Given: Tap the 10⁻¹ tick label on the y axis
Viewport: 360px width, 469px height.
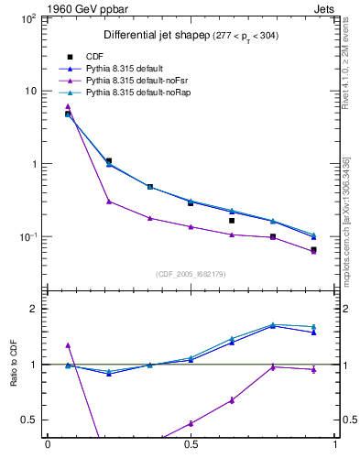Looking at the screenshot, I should pyautogui.click(x=28, y=237).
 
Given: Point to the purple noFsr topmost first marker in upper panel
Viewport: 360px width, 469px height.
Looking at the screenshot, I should pyautogui.click(x=68, y=106).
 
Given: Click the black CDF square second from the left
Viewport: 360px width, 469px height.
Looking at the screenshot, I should pyautogui.click(x=108, y=161).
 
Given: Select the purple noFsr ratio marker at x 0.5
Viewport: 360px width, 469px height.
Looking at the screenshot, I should pyautogui.click(x=191, y=423).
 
